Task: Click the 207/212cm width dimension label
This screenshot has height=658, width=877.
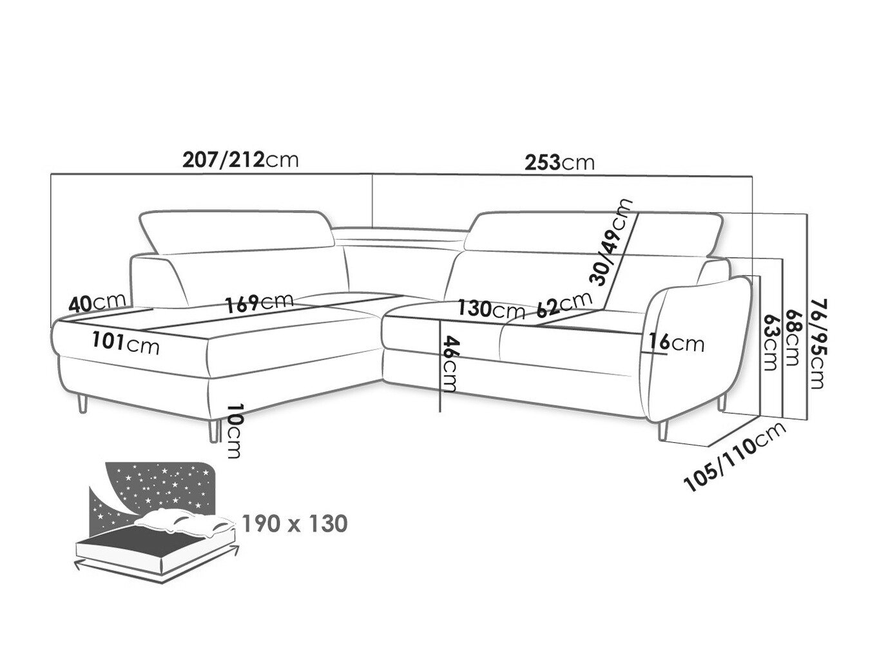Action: pyautogui.click(x=240, y=160)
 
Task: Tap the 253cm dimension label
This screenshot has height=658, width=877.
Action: pyautogui.click(x=560, y=162)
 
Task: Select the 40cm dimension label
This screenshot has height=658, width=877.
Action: pyautogui.click(x=98, y=304)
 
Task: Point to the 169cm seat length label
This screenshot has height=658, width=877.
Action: pyautogui.click(x=259, y=304)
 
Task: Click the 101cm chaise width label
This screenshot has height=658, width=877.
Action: pyautogui.click(x=126, y=342)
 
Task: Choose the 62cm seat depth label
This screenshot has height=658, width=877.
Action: pyautogui.click(x=564, y=304)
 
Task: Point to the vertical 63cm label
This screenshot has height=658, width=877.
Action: pyautogui.click(x=770, y=342)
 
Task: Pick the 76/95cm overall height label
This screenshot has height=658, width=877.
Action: pyautogui.click(x=818, y=344)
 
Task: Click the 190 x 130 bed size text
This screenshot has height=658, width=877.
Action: pyautogui.click(x=294, y=524)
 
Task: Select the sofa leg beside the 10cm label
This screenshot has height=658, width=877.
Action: pyautogui.click(x=213, y=431)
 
